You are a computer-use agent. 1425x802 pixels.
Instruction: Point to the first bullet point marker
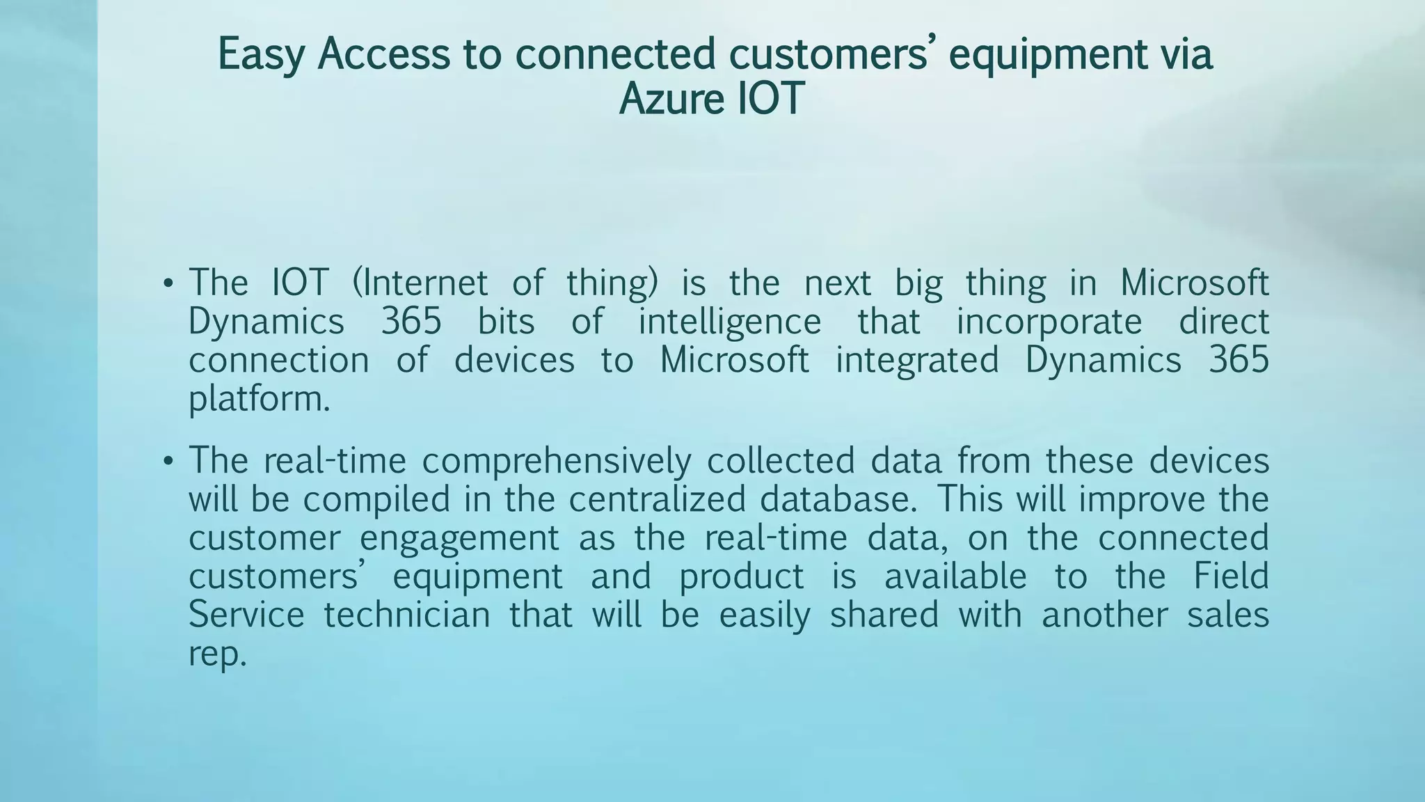pos(167,284)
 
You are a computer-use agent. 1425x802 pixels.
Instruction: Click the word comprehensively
pos(557,462)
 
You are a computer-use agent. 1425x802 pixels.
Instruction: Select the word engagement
pos(459,538)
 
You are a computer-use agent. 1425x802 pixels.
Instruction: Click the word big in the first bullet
pos(918,283)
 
